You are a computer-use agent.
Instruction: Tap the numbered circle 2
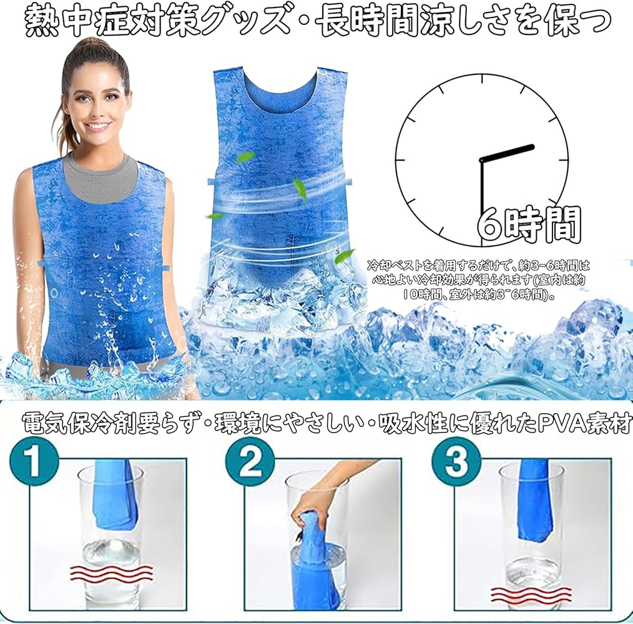250,462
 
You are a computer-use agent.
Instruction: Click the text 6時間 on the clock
529,225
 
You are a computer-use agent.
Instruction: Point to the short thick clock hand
508,154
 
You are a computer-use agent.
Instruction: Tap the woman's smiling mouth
97,126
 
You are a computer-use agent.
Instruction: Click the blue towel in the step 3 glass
534,500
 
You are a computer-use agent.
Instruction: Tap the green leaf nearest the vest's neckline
246,157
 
